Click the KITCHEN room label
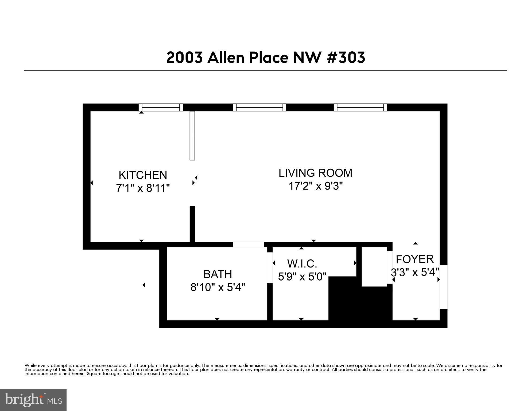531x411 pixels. pos(143,175)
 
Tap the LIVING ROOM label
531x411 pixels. pos(315,173)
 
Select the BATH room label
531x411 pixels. pos(218,274)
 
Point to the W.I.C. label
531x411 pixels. pos(302,264)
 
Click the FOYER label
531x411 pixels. pos(414,259)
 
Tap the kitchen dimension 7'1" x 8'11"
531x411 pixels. pos(143,188)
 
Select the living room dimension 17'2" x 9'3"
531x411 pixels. pos(315,186)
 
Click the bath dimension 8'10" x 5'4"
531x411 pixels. pos(218,288)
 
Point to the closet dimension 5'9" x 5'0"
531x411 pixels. pos(302,276)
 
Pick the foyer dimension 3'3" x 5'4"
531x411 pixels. pos(415,273)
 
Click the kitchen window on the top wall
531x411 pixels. pos(161,107)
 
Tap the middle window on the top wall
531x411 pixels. pos(259,107)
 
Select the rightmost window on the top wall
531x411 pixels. pos(360,107)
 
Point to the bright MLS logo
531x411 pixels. pos(33,400)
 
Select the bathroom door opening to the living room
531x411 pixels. pos(248,244)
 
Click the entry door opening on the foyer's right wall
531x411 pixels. pos(443,287)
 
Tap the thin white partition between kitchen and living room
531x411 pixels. pos(192,135)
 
